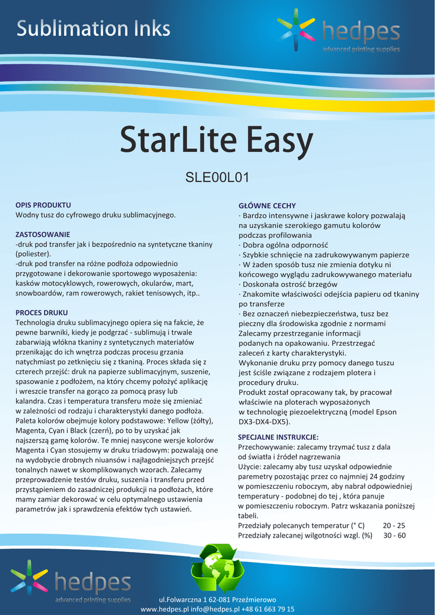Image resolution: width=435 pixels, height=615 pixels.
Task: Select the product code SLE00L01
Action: [x=217, y=177]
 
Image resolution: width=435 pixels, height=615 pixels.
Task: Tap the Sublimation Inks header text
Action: [x=93, y=28]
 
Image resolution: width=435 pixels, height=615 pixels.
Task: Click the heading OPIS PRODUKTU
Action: [x=43, y=205]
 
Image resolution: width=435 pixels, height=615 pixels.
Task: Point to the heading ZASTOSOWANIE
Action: [x=43, y=234]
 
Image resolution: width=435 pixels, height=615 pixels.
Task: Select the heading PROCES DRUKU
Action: [x=41, y=313]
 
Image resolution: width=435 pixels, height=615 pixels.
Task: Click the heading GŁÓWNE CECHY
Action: [x=267, y=205]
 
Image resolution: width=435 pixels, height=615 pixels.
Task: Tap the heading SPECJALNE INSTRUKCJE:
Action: [x=278, y=437]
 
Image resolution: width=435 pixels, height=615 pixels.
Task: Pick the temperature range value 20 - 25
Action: [x=394, y=525]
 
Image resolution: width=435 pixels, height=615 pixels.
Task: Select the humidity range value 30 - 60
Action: [x=394, y=535]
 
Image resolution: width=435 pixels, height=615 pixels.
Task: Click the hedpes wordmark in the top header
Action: [x=360, y=31]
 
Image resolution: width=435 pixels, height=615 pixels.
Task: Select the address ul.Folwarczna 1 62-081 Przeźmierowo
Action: [x=217, y=600]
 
